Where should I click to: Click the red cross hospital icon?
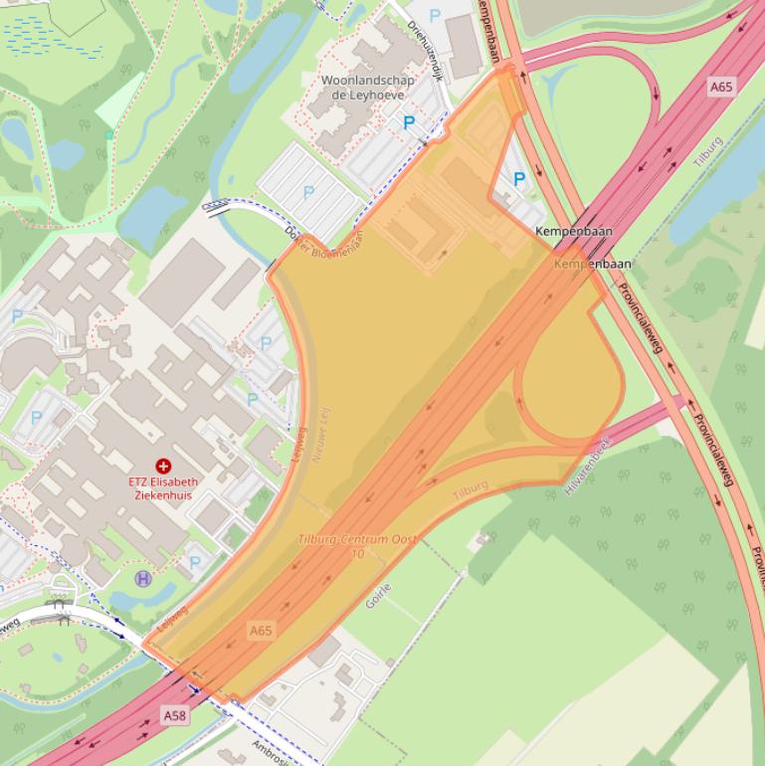tap(163, 466)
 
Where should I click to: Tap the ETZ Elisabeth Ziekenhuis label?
tap(162, 488)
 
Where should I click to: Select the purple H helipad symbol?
tap(143, 578)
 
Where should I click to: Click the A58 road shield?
tap(174, 715)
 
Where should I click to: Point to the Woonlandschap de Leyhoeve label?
tap(361, 88)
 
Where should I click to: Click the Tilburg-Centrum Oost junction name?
tap(357, 539)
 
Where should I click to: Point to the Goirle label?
tap(378, 595)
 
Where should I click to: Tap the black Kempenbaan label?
tap(574, 231)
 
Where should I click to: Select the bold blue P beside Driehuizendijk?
tap(409, 122)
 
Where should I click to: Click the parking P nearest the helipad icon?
tap(195, 562)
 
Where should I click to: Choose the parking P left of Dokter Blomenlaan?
tap(308, 192)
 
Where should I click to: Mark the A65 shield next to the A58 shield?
tap(261, 631)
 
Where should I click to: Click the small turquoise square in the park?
tap(109, 134)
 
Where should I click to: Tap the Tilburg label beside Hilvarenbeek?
tap(471, 489)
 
